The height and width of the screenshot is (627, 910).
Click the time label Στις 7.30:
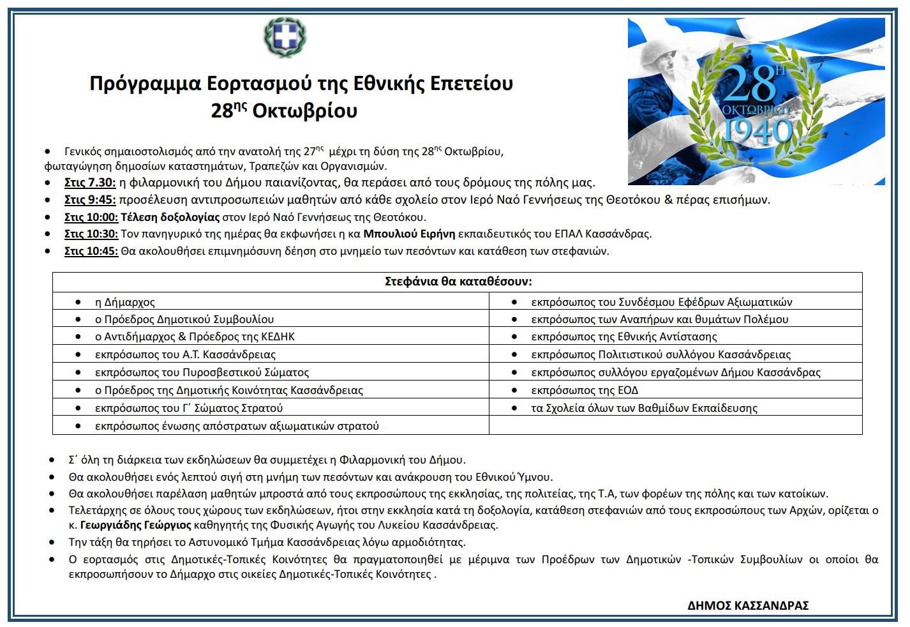90,183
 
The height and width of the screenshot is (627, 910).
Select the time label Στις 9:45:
90,200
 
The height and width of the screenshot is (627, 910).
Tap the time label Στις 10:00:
91,217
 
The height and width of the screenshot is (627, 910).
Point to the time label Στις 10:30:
91,234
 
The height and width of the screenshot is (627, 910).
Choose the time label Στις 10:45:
91,251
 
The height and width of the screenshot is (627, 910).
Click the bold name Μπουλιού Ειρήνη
409,234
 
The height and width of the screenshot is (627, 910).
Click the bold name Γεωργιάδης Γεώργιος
135,525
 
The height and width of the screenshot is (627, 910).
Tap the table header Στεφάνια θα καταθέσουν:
458,282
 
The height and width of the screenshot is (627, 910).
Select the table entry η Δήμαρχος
125,302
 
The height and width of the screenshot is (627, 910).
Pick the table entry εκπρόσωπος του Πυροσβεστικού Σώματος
202,372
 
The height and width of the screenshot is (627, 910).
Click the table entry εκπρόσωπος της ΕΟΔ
585,390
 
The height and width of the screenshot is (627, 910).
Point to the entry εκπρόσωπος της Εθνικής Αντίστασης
624,336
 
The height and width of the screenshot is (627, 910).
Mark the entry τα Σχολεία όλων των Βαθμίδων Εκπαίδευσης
644,408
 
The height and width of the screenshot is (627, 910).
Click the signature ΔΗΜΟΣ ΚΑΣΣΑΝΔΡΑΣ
748,605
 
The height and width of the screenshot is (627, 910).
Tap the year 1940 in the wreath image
757,132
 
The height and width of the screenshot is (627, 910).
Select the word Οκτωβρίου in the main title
304,111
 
